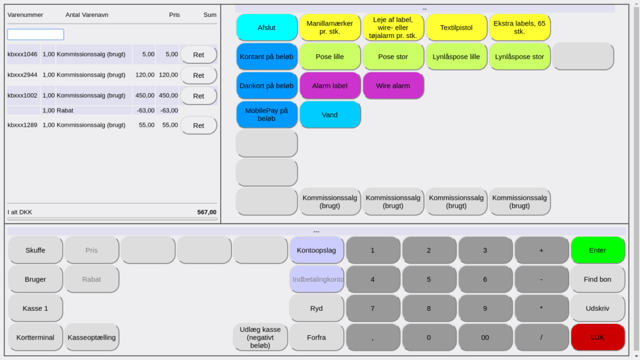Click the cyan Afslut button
[x=267, y=28]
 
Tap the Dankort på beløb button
[x=267, y=86]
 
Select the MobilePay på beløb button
[x=267, y=115]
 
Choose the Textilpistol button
[x=456, y=28]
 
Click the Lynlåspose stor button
[x=519, y=57]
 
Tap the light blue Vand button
[x=330, y=115]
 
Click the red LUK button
[x=598, y=338]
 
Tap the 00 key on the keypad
[x=485, y=338]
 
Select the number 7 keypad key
[x=373, y=308]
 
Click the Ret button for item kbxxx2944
[x=198, y=75]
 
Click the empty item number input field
[x=35, y=34]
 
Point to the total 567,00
[x=206, y=212]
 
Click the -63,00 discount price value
[x=146, y=110]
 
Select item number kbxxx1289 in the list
[x=22, y=125]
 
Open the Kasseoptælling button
[x=91, y=338]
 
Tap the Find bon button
[x=598, y=280]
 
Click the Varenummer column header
[x=25, y=15]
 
